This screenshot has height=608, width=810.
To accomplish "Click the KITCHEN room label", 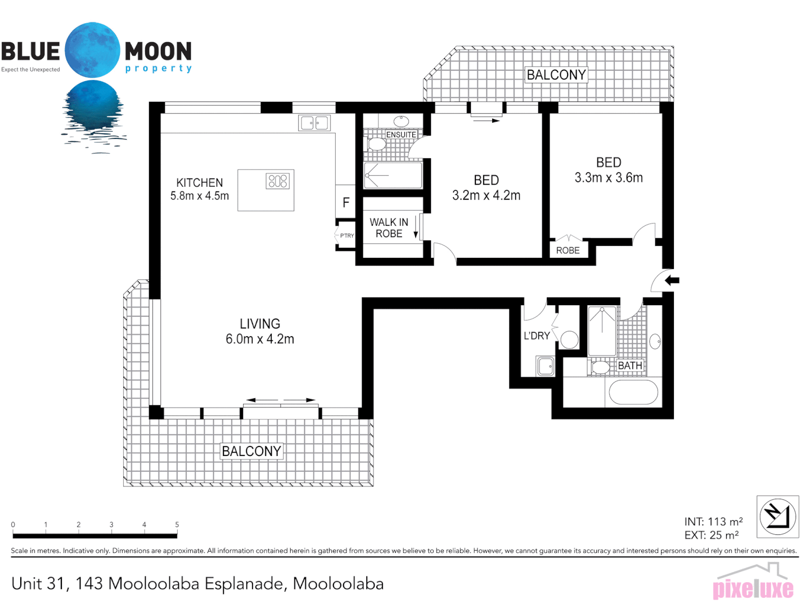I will coord(200,183).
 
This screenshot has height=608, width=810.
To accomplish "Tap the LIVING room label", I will coord(259,324).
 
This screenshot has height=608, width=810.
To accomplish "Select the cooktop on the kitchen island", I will coord(278,181).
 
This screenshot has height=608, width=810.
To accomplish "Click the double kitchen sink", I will coord(314,123).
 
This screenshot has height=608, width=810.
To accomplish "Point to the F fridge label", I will coord(346,203).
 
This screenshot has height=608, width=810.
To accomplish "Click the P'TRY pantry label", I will coord(347,236).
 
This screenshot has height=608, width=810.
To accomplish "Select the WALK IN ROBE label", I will coord(389,228).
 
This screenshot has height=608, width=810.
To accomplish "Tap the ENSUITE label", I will coord(401,135).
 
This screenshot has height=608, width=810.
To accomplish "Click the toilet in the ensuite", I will coord(376,144).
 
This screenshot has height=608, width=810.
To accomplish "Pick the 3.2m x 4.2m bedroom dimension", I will coord(486,195).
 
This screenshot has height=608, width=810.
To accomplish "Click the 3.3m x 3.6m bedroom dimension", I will coord(608,178).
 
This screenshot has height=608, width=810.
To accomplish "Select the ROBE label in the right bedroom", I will coord(568,251).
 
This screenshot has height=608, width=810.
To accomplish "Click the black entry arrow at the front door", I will coord(672,280).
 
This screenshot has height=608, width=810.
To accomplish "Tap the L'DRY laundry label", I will coord(537,336).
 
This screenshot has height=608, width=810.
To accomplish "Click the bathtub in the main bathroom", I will coord(633,392).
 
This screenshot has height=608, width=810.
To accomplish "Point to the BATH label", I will coord(630,366).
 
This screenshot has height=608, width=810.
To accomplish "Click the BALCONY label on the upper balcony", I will coord(556,75).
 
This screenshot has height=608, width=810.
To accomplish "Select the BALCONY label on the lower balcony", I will coord(251,451).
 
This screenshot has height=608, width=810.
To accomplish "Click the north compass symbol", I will coord(777,516).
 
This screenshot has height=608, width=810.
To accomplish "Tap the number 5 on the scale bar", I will coord(177,525).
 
